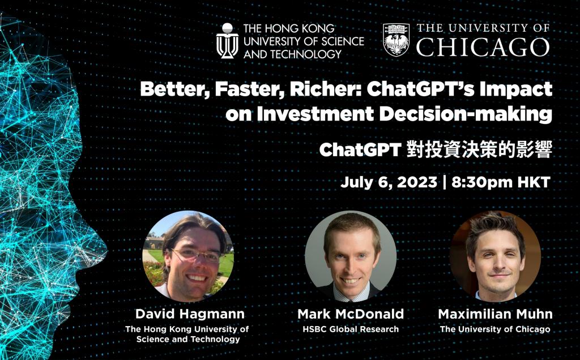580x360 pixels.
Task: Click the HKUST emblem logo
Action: (x=227, y=41)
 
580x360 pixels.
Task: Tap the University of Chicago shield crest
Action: (x=396, y=40)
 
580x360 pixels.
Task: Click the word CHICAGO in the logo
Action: (x=483, y=47)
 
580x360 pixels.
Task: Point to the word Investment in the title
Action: (x=315, y=114)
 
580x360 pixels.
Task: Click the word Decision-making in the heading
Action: (x=466, y=114)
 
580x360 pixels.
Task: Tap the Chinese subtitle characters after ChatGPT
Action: (x=479, y=149)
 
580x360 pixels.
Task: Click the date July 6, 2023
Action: (x=389, y=182)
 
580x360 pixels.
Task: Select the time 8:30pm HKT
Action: (x=501, y=182)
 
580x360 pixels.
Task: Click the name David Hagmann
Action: (x=190, y=314)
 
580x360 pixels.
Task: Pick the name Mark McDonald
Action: (x=351, y=314)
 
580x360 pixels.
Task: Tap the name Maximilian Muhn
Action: (x=495, y=314)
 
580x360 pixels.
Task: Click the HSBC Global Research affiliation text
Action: (x=351, y=329)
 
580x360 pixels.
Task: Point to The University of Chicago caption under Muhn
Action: (x=495, y=329)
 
